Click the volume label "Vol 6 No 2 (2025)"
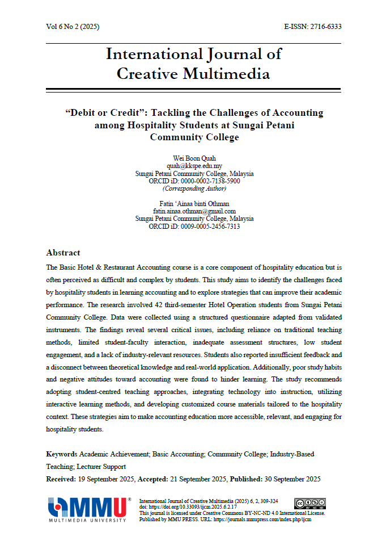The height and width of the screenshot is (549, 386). (x=73, y=27)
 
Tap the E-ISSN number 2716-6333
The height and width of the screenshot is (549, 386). (x=325, y=27)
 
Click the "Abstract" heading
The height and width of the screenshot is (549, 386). (x=63, y=253)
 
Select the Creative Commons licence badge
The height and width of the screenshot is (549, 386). (x=310, y=503)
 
